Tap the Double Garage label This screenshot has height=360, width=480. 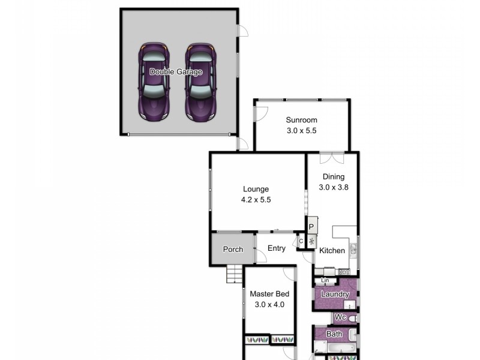tap(176, 72)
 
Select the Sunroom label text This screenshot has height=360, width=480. tap(301, 120)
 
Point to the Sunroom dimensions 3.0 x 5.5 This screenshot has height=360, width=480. tap(301, 131)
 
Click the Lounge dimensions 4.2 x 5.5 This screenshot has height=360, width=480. tap(256, 200)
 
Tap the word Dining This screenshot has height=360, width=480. tap(334, 176)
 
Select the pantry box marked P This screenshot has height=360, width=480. tap(311, 227)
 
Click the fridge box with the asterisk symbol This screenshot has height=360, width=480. tap(311, 241)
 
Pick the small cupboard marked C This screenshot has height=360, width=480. tap(301, 241)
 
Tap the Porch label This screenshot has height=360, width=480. tap(232, 249)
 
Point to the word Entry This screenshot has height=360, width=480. tap(277, 248)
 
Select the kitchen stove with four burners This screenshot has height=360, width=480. tap(344, 272)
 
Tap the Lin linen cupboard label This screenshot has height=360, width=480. tap(325, 280)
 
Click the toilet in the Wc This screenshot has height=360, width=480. tap(353, 317)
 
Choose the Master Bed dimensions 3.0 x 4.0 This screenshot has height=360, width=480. tap(269, 305)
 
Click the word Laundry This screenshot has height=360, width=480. tap(335, 295)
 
